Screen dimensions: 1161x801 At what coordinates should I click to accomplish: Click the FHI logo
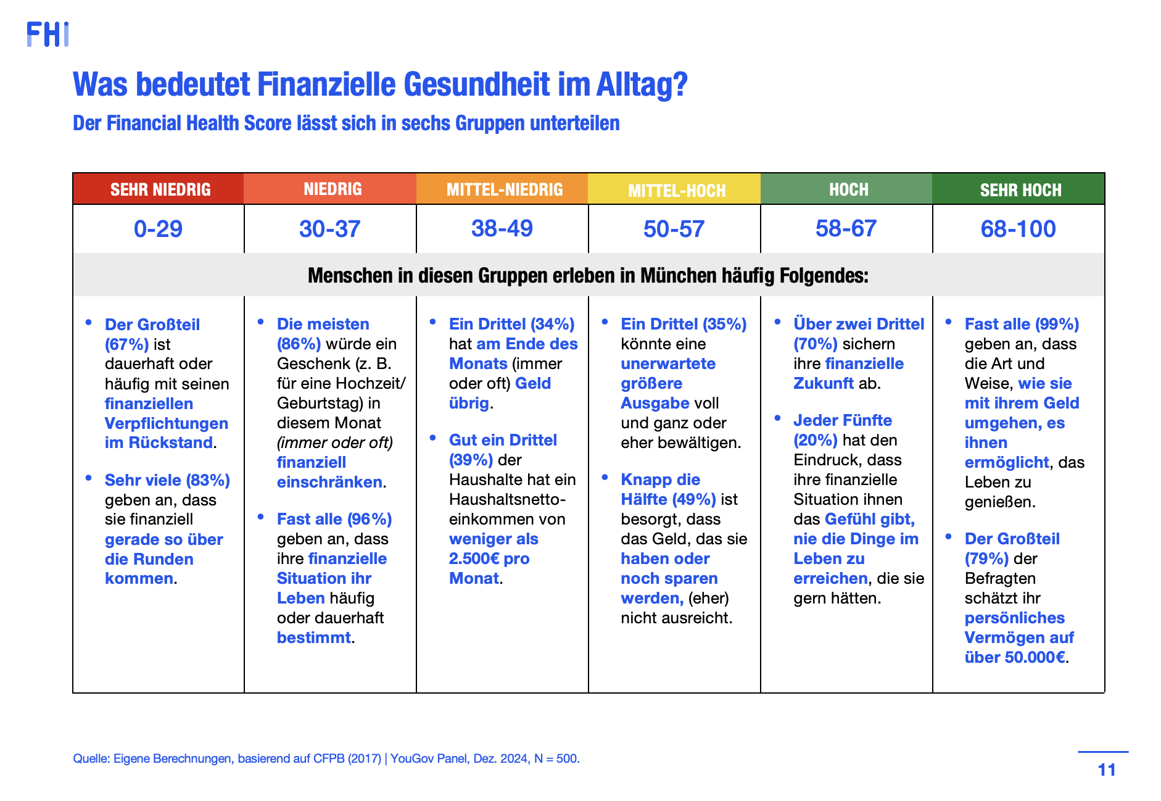48,35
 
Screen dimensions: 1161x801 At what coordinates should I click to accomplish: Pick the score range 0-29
158,229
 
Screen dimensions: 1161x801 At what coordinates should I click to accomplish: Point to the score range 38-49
502,228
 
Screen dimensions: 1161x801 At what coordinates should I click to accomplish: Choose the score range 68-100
1018,229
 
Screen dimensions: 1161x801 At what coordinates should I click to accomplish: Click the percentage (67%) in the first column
126,344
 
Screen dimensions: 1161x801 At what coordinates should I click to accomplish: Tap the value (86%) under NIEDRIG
299,344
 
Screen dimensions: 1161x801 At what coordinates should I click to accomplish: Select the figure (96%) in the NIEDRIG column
369,519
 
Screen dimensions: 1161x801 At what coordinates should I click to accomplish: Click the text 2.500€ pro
489,558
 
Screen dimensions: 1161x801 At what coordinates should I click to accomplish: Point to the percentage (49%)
694,499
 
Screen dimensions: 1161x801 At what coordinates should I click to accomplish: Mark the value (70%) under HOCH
816,344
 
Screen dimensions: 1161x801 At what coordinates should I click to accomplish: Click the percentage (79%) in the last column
987,558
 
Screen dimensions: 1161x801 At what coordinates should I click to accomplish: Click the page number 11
1107,770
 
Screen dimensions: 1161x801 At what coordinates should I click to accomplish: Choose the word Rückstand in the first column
171,442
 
